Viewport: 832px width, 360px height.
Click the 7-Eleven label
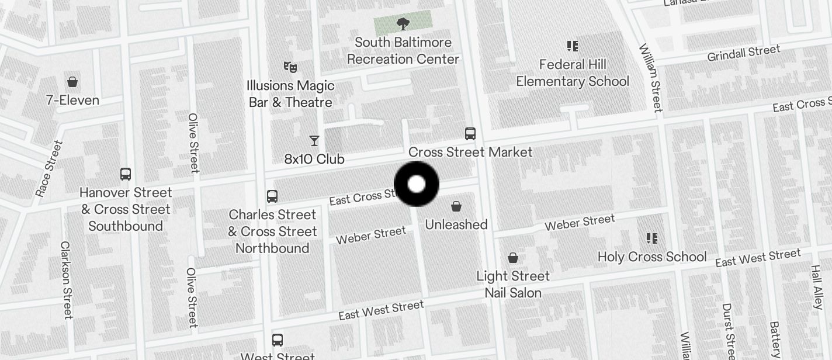72,101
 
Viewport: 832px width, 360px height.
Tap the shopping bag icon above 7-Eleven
72,82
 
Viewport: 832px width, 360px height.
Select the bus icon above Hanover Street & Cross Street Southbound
126,174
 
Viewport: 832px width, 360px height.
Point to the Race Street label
48,169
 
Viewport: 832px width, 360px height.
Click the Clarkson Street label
67,280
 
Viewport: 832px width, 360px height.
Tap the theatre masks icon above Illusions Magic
289,67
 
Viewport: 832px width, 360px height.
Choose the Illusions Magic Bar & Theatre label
290,94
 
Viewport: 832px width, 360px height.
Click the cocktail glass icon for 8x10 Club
314,141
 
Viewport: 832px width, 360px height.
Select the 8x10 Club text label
314,159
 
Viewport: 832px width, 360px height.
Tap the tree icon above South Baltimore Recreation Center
403,24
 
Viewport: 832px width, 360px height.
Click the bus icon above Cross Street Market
470,134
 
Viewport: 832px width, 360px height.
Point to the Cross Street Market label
470,153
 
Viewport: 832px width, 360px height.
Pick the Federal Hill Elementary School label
572,73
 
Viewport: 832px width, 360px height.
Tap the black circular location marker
417,184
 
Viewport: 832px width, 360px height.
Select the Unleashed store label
456,225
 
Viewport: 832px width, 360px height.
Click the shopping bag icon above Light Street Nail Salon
513,258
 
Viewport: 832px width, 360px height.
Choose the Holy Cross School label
652,257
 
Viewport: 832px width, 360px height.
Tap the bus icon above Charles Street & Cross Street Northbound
272,196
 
